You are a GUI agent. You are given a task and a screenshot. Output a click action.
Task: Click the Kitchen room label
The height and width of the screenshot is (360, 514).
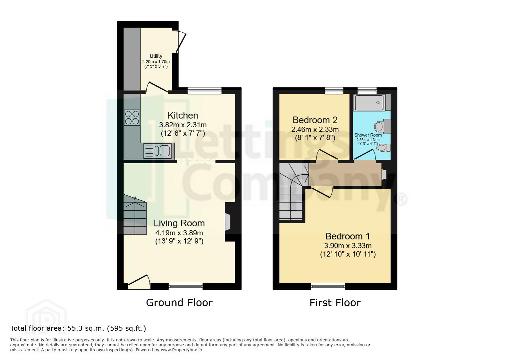(x=183, y=115)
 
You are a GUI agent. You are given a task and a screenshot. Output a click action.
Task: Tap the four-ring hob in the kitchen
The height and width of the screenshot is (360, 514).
(x=132, y=118)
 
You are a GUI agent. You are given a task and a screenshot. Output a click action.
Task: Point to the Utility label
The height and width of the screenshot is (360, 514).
(x=156, y=56)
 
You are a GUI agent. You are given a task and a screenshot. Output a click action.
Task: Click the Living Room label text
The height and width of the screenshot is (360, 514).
(x=179, y=223)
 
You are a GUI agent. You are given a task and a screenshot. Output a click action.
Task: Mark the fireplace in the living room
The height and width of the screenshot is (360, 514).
(x=228, y=222)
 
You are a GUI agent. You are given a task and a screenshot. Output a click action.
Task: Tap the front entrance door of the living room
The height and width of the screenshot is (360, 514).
(x=139, y=282)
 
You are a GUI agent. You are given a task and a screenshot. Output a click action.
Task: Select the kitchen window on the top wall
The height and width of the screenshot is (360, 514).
(x=205, y=91)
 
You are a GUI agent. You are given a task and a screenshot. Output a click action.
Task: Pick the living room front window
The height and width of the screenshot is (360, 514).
(x=186, y=286)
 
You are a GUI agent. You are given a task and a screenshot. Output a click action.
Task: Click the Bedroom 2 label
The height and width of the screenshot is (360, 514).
(x=315, y=120)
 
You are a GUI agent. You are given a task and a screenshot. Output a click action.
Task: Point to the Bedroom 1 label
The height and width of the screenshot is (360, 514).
(x=347, y=236)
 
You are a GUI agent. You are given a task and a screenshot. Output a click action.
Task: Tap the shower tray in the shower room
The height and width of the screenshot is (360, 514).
(x=369, y=103)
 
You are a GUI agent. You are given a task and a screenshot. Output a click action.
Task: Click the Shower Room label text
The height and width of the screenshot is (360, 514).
(x=368, y=135)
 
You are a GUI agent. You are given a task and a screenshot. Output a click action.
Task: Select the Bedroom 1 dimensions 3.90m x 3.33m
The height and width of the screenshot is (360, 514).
(x=348, y=246)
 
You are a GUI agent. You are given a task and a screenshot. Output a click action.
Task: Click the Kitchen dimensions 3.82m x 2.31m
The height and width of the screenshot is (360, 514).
(x=183, y=125)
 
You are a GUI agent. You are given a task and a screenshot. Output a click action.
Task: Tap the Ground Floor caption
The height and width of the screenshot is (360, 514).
(x=179, y=303)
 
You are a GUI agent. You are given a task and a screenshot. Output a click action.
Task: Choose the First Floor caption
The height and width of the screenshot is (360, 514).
(x=335, y=303)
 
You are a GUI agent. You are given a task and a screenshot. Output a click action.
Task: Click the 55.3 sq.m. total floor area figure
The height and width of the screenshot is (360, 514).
(x=86, y=329)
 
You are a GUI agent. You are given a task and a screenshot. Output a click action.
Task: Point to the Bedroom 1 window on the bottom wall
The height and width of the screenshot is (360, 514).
(x=328, y=286)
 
